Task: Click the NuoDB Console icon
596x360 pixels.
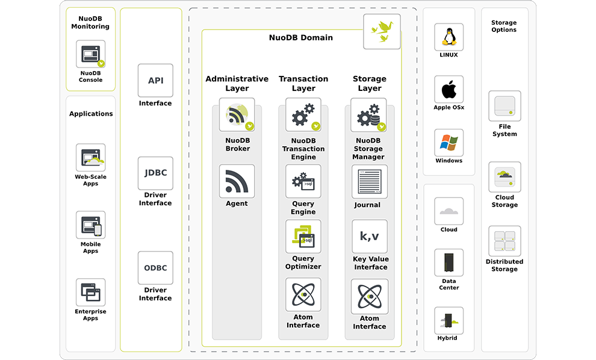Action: point(91,55)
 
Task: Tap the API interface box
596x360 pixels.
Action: point(155,81)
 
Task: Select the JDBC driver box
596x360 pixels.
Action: point(155,173)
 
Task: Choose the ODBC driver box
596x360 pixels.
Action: point(155,268)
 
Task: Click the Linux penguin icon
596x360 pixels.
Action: point(449,37)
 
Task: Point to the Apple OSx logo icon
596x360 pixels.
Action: point(449,90)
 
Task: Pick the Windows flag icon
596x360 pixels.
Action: point(449,143)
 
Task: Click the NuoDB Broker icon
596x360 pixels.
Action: point(237,115)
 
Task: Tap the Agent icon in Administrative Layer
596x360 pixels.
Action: point(237,181)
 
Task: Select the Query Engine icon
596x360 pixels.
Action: point(303,181)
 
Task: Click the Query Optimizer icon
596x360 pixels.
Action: point(303,236)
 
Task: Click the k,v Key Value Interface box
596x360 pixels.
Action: point(369,237)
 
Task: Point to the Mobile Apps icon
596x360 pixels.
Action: point(91,226)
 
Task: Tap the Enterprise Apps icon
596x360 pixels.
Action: point(91,293)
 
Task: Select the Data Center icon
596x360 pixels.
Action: point(449,262)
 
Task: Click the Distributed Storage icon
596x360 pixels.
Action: point(504,241)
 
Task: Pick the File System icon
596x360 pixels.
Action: point(504,106)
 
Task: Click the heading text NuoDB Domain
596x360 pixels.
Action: point(300,38)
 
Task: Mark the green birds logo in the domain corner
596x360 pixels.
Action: point(382,31)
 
